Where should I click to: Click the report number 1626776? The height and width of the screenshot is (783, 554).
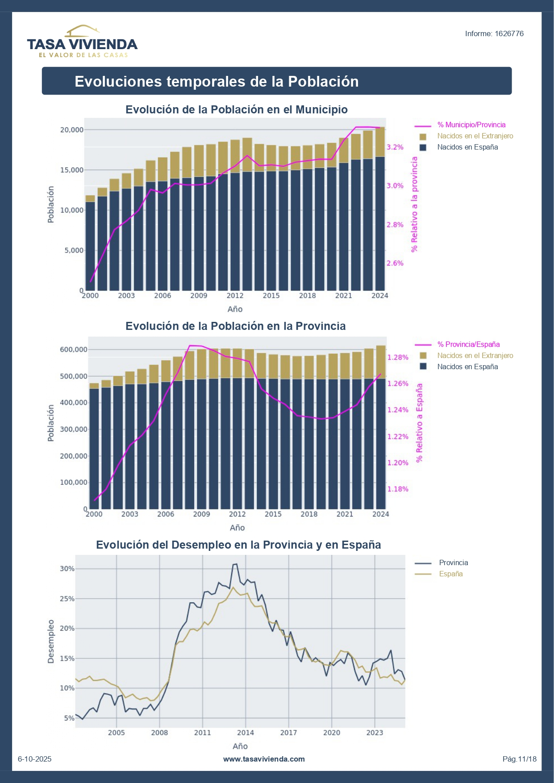pyautogui.click(x=494, y=33)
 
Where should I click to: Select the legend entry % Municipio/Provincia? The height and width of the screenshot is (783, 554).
pyautogui.click(x=471, y=125)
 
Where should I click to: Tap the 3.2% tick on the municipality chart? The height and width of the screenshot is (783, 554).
pyautogui.click(x=395, y=147)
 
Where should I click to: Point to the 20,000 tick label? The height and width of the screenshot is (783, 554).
pyautogui.click(x=72, y=130)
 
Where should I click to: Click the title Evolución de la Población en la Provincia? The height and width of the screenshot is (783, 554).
pyautogui.click(x=235, y=326)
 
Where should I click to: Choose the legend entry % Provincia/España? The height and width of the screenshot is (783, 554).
pyautogui.click(x=468, y=345)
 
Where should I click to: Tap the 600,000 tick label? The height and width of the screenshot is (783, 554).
pyautogui.click(x=74, y=350)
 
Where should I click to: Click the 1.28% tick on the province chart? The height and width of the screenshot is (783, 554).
pyautogui.click(x=397, y=357)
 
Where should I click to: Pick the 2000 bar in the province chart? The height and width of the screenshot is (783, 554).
pyautogui.click(x=94, y=446)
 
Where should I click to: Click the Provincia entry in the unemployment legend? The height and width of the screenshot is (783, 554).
pyautogui.click(x=453, y=563)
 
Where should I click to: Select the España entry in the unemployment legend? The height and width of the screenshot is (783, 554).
pyautogui.click(x=450, y=574)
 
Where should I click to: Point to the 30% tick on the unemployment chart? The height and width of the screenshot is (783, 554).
pyautogui.click(x=67, y=569)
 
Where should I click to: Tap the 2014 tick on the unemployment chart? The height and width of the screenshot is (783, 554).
pyautogui.click(x=245, y=733)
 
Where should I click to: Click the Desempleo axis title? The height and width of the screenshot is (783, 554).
pyautogui.click(x=51, y=641)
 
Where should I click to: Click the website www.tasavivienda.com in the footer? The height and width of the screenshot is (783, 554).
pyautogui.click(x=264, y=759)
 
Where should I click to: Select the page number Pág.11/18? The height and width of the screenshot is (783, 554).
pyautogui.click(x=519, y=759)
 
